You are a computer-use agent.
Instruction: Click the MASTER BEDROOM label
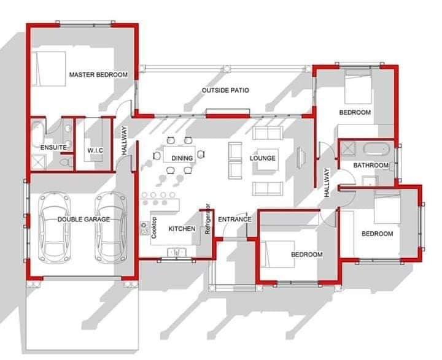coord(98,75)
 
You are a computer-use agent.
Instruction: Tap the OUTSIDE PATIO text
coord(225,90)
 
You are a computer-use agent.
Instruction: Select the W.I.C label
coord(95,150)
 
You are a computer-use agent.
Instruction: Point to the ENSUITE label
coord(53,147)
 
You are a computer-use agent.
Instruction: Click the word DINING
coord(182,158)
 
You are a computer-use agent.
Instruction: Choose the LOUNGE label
coord(263,158)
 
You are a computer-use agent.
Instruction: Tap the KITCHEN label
coord(182,229)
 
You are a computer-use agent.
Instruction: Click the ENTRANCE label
coord(235,219)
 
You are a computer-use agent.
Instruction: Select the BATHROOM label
coord(371,165)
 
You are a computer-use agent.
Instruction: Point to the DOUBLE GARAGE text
coord(83,219)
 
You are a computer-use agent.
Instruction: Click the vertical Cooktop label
coord(154,228)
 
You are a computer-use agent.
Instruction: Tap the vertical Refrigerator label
coord(208,219)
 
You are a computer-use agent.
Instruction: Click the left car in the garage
coord(54,228)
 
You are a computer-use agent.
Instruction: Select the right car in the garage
coord(110,228)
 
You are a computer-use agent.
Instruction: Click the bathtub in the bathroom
coord(376,149)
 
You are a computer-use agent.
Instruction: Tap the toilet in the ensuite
coord(66,163)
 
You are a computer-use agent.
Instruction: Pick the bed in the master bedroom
coord(49,69)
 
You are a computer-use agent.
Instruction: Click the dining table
coord(179,154)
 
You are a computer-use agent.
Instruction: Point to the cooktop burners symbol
coord(145,228)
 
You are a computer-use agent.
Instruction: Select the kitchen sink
coord(176,252)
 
